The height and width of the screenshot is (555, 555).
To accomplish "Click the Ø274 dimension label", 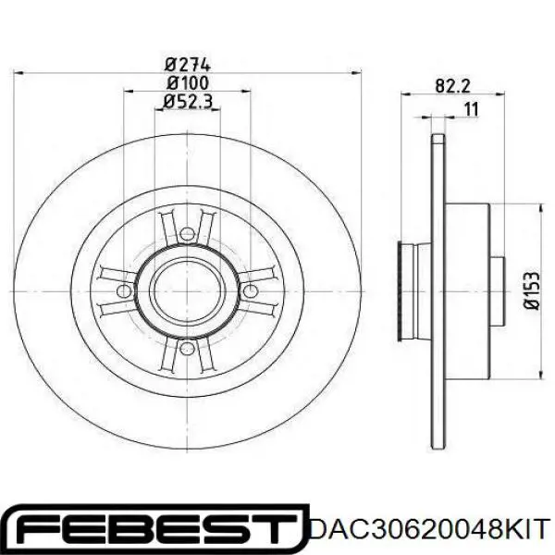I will coord(189,65).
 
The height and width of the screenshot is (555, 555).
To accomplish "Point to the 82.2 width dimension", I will coord(452,86).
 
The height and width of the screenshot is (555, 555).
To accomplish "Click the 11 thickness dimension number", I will coord(471,110).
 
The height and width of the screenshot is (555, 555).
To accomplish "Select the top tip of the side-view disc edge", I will coord(435,134).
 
